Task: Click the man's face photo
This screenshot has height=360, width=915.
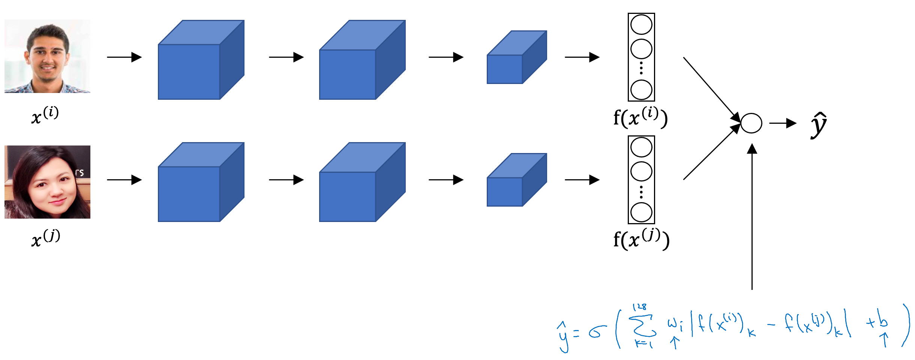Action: coord(47,56)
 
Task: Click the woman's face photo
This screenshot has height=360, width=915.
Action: coord(47,182)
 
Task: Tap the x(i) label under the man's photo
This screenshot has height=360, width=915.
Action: coord(45,115)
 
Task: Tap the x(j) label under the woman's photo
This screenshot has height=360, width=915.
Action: coord(45,238)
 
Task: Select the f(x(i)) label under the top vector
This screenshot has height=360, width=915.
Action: coord(640,117)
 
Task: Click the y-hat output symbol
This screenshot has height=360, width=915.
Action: coord(819,125)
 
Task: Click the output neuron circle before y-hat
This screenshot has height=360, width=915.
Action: coord(751,123)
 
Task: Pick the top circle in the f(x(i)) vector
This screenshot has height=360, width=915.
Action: coord(641,25)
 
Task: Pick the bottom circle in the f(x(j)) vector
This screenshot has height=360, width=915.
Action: coord(641,212)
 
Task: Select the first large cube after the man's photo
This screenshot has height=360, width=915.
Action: coord(201,60)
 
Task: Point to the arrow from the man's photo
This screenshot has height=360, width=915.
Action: coord(124,57)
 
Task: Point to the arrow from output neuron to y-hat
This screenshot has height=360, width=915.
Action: coord(783,123)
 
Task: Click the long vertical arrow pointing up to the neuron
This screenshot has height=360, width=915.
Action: coord(752,217)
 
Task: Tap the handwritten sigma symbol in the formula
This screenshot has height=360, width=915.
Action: coord(597,331)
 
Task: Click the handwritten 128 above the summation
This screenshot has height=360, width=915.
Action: coord(640,307)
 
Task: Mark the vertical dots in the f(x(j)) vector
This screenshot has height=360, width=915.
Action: coord(641,192)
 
